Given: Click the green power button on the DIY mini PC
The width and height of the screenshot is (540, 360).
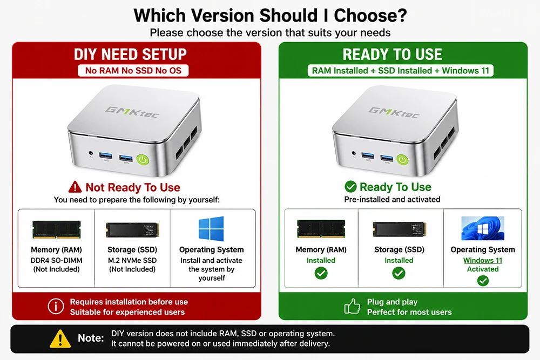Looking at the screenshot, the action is (143, 160).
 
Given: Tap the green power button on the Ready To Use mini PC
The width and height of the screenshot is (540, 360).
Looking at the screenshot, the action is (402, 159).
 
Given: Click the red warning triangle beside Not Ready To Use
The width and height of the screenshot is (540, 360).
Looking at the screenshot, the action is (75, 187).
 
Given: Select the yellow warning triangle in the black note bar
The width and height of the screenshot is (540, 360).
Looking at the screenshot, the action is (60, 338).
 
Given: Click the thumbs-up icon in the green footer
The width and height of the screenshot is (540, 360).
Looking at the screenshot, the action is (352, 306).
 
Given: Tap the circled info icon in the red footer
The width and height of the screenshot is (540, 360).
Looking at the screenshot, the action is (56, 307).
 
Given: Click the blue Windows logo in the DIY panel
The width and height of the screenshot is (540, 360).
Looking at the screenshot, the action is (211, 228).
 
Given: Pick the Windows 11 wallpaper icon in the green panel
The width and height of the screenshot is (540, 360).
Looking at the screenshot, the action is (482, 228).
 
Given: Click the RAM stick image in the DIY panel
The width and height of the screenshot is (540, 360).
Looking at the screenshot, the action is (57, 229).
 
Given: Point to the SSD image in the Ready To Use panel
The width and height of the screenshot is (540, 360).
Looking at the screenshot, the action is (400, 229).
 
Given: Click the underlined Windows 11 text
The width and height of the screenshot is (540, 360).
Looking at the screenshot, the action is (482, 261).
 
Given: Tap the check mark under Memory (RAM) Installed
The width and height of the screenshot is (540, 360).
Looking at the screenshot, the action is (321, 273).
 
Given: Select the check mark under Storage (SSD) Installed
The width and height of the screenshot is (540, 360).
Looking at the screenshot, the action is (399, 273).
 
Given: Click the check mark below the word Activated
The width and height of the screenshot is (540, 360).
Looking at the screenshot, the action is (483, 281).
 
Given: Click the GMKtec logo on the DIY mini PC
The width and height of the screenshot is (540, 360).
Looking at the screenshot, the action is (132, 112).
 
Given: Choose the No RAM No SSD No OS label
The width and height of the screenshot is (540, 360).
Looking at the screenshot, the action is (133, 71).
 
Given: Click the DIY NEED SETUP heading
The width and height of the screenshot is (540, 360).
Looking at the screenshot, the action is (130, 55).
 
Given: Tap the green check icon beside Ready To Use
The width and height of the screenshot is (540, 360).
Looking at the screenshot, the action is (350, 187).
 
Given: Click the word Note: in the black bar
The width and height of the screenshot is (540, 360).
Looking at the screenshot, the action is (91, 338).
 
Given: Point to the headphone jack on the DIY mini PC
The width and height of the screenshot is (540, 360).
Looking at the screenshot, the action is (91, 153).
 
